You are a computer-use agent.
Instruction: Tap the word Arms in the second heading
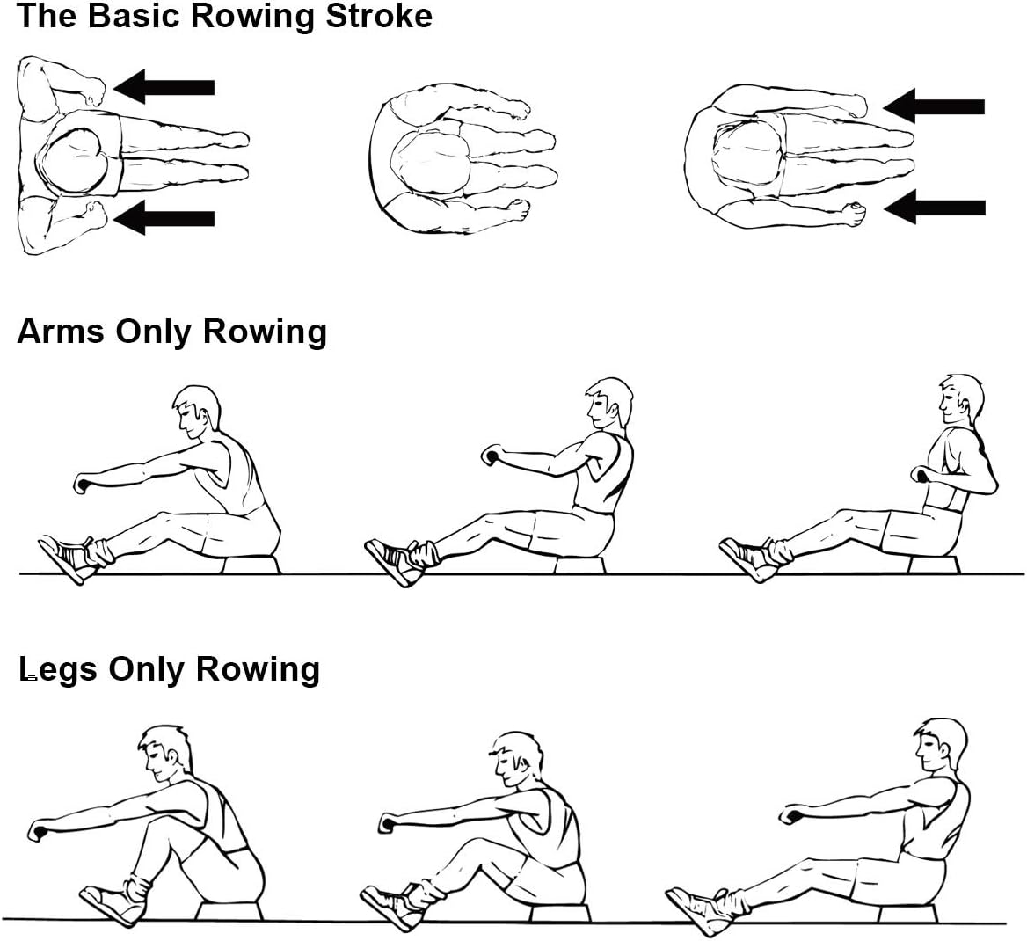(61, 331)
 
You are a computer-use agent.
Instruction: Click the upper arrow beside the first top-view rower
(164, 86)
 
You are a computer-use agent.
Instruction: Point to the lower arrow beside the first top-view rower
(164, 217)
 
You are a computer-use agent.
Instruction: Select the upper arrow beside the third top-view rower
(933, 106)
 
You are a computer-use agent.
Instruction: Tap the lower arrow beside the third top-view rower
(935, 208)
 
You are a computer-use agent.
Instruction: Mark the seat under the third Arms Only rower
(933, 565)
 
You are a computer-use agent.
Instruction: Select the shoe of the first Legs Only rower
(114, 901)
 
